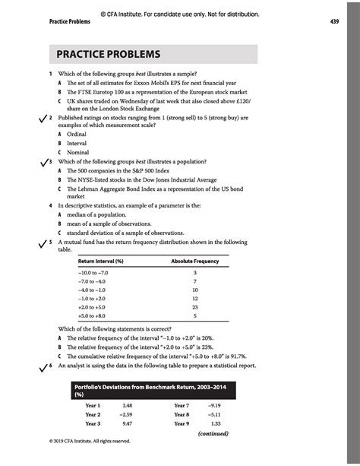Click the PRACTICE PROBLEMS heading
(x=106, y=55)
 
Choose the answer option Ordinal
(x=77, y=135)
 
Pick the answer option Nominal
(x=77, y=152)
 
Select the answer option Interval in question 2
(x=77, y=143)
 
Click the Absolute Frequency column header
(x=194, y=262)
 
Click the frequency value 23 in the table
(x=195, y=306)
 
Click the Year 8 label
(x=182, y=415)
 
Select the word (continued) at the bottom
(x=213, y=434)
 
